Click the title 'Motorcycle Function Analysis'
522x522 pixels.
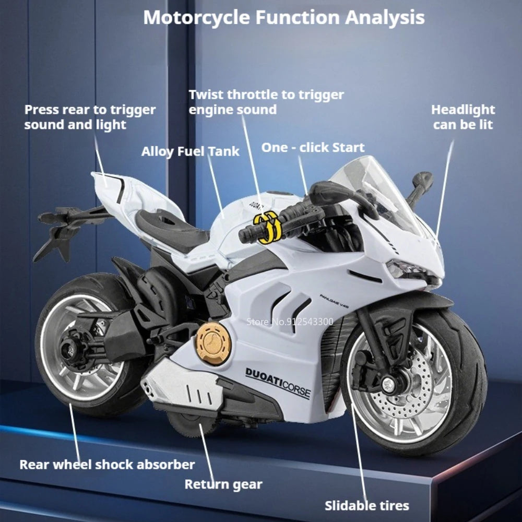(284, 18)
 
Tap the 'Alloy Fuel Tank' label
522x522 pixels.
(190, 151)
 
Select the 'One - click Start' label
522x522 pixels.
(313, 148)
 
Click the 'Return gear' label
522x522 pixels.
(223, 484)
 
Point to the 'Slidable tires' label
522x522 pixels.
(367, 506)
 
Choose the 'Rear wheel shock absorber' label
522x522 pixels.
(107, 465)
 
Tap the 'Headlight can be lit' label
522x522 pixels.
(463, 117)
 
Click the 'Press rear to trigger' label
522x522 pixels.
(90, 110)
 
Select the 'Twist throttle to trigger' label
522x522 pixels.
(266, 95)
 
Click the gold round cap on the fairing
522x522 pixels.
(213, 343)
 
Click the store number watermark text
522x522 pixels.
(290, 322)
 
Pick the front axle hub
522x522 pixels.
(388, 385)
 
